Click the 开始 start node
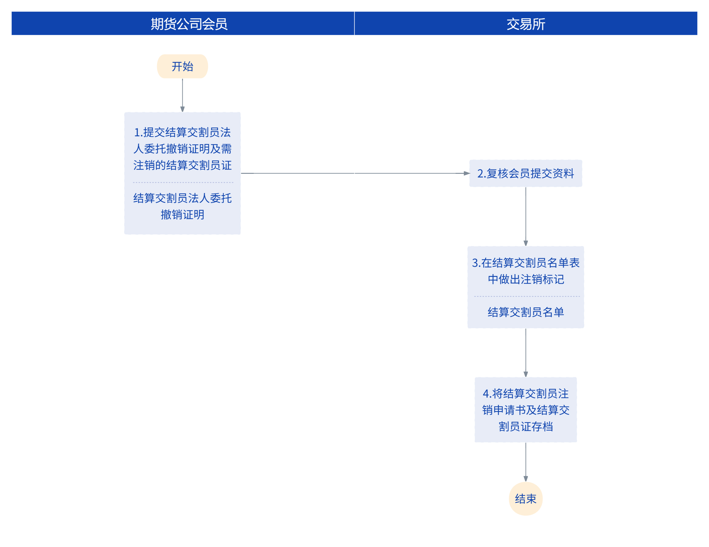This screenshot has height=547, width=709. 182,66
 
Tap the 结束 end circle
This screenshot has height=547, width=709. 526,499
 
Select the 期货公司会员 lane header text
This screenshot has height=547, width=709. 189,24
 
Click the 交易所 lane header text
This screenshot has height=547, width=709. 526,24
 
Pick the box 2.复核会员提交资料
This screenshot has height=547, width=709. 526,173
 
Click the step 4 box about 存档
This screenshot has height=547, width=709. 526,410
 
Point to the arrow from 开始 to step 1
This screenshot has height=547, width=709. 182,95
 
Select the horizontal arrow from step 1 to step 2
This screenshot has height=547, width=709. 355,173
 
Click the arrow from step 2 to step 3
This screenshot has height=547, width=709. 526,216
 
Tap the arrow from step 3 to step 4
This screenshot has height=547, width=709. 526,352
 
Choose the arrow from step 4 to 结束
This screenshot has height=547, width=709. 526,462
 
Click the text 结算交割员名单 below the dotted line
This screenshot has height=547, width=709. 526,312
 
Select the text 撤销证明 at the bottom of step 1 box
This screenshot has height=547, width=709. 182,215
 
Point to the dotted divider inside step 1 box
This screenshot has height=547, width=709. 183,182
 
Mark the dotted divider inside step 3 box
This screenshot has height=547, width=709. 527,296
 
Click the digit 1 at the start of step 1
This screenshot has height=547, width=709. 137,132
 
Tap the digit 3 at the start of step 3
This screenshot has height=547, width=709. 475,263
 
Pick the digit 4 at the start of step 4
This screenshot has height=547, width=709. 486,394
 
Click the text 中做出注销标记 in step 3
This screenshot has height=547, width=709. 526,280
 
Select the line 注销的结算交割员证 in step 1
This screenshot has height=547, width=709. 182,165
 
